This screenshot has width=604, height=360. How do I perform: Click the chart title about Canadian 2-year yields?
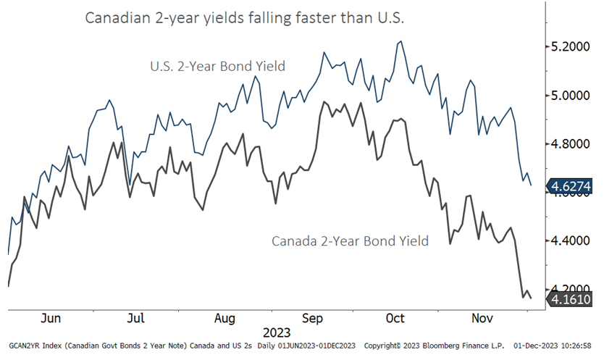tap(244, 18)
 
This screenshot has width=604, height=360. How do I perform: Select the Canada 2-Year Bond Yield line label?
tap(350, 240)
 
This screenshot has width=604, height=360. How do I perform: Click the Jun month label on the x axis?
tap(51, 318)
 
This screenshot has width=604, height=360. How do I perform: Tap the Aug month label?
tap(225, 318)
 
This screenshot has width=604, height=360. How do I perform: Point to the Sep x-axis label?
tap(312, 318)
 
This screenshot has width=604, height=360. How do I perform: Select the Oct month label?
tap(395, 318)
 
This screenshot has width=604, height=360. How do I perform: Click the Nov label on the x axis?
tap(480, 318)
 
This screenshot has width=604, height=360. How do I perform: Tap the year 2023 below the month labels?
tap(277, 333)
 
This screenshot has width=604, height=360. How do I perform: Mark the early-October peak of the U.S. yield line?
tap(400, 41)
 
